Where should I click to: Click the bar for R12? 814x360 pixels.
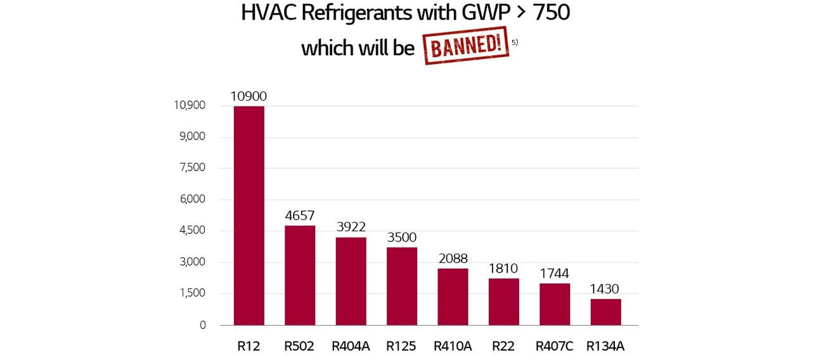tap(249, 215)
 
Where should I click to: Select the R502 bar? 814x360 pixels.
tap(300, 275)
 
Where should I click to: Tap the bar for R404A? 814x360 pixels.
tap(351, 281)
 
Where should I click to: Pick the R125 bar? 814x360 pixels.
tap(402, 286)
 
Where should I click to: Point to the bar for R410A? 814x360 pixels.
tap(453, 297)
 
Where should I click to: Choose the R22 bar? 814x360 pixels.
tap(504, 302)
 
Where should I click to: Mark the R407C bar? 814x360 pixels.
tap(555, 304)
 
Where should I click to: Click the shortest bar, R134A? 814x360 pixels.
tap(605, 312)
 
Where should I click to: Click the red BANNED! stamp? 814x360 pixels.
tap(466, 45)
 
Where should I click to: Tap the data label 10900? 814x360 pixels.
tap(249, 97)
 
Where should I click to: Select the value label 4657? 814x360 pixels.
tap(300, 216)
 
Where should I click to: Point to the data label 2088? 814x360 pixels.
tap(453, 259)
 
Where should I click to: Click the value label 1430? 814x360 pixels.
tap(605, 289)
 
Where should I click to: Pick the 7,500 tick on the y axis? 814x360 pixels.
tap(193, 168)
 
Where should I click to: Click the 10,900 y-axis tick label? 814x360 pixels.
tap(190, 105)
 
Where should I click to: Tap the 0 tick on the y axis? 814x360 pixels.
tap(203, 325)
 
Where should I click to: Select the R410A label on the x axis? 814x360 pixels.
tap(453, 347)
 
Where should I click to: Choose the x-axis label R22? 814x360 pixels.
tap(504, 347)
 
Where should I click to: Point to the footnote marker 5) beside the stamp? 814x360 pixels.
tap(515, 42)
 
